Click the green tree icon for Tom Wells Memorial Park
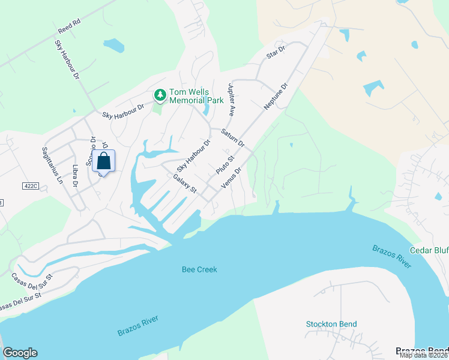point(160,94)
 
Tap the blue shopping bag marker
point(103,161)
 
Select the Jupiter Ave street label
point(231,100)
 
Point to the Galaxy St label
point(185,184)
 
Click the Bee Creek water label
point(199,269)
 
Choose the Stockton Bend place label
point(331,324)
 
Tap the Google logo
point(20,353)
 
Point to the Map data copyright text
point(424,355)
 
